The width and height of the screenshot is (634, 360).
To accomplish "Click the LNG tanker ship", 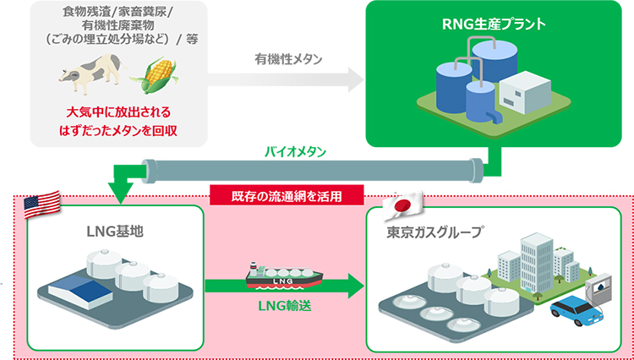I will [x=284, y=276].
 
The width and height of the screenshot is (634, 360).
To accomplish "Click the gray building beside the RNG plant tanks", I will [x=522, y=92].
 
